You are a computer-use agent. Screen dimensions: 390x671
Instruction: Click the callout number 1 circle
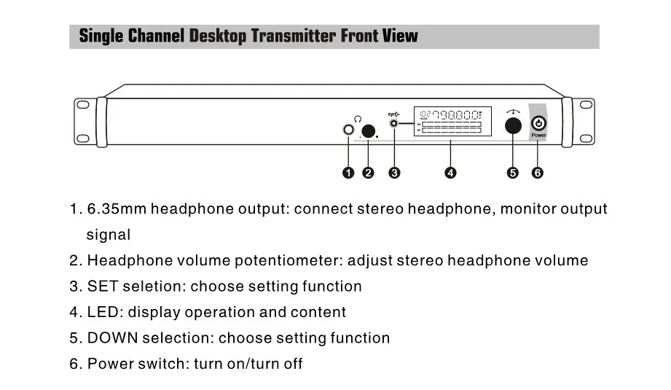(348, 173)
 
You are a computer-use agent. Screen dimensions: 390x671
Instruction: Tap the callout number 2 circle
(368, 173)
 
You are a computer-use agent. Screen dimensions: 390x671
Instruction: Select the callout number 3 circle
(394, 173)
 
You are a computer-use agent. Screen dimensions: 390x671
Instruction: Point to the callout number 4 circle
(450, 173)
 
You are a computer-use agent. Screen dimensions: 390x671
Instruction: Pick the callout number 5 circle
(513, 173)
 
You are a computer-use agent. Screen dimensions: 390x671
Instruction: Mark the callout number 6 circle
(538, 173)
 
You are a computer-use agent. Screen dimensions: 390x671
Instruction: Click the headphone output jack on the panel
(348, 130)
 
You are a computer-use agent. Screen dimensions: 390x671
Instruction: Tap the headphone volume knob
(369, 131)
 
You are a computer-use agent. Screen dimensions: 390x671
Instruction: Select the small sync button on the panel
(395, 125)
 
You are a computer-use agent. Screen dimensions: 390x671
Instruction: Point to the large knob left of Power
(514, 125)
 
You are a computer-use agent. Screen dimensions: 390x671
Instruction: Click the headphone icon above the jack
(357, 117)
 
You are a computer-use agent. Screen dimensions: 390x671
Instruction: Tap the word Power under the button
(538, 136)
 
